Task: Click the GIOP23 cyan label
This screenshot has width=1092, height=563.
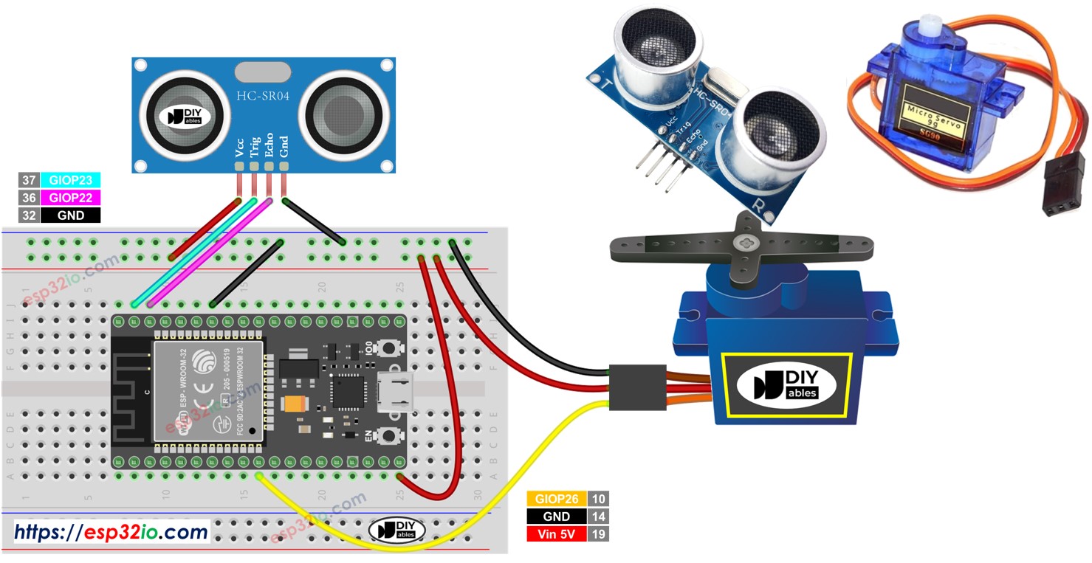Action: (x=70, y=181)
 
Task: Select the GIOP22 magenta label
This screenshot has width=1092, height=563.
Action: (x=70, y=198)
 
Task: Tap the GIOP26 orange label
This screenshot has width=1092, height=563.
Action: (x=557, y=500)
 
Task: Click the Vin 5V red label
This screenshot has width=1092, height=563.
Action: (x=557, y=533)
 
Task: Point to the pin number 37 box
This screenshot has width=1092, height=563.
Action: (x=29, y=181)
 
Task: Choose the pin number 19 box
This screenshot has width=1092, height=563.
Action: (x=598, y=533)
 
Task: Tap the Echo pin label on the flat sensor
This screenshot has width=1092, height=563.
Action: (x=269, y=145)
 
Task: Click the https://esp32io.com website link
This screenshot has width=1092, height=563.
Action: (x=111, y=531)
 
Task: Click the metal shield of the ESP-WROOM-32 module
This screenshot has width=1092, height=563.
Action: (x=208, y=391)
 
